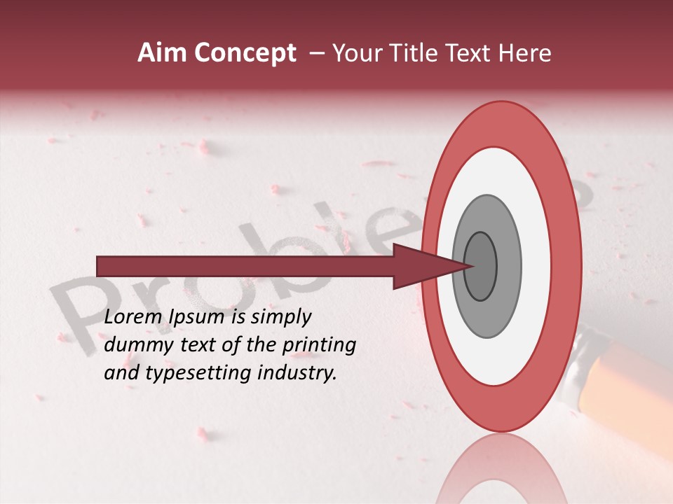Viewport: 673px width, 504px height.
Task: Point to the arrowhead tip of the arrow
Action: [x=474, y=266]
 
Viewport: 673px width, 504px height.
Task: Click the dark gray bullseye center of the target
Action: [x=481, y=266]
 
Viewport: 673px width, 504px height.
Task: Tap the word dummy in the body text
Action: [x=136, y=345]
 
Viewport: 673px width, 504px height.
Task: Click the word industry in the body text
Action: [x=297, y=374]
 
